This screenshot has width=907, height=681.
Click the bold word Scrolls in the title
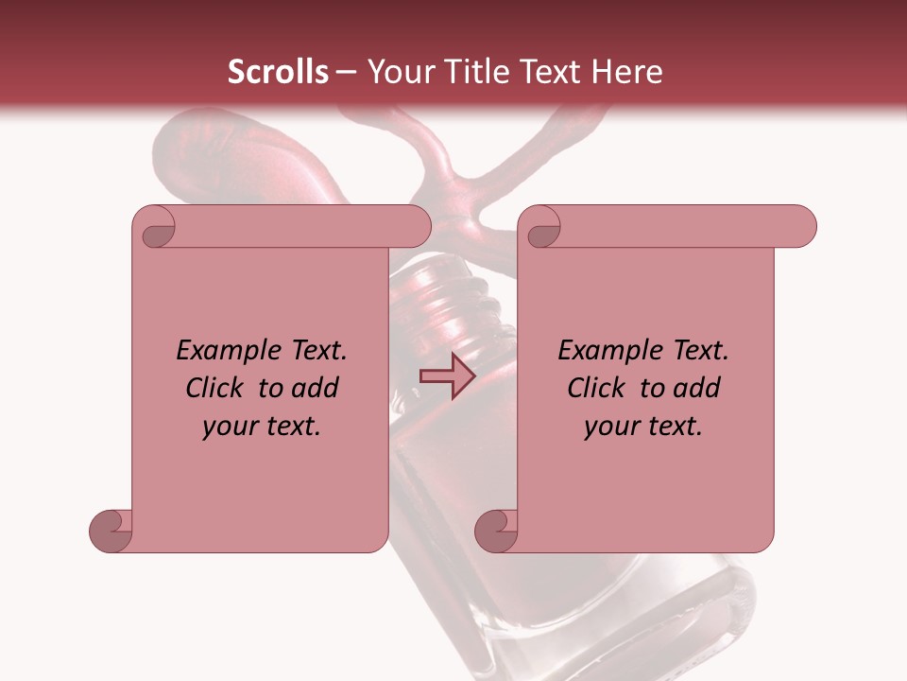[278, 72]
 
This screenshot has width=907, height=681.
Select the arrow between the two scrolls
[447, 375]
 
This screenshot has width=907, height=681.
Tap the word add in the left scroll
[316, 388]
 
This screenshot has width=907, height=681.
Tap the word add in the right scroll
[697, 388]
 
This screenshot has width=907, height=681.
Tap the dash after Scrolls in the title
[346, 72]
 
